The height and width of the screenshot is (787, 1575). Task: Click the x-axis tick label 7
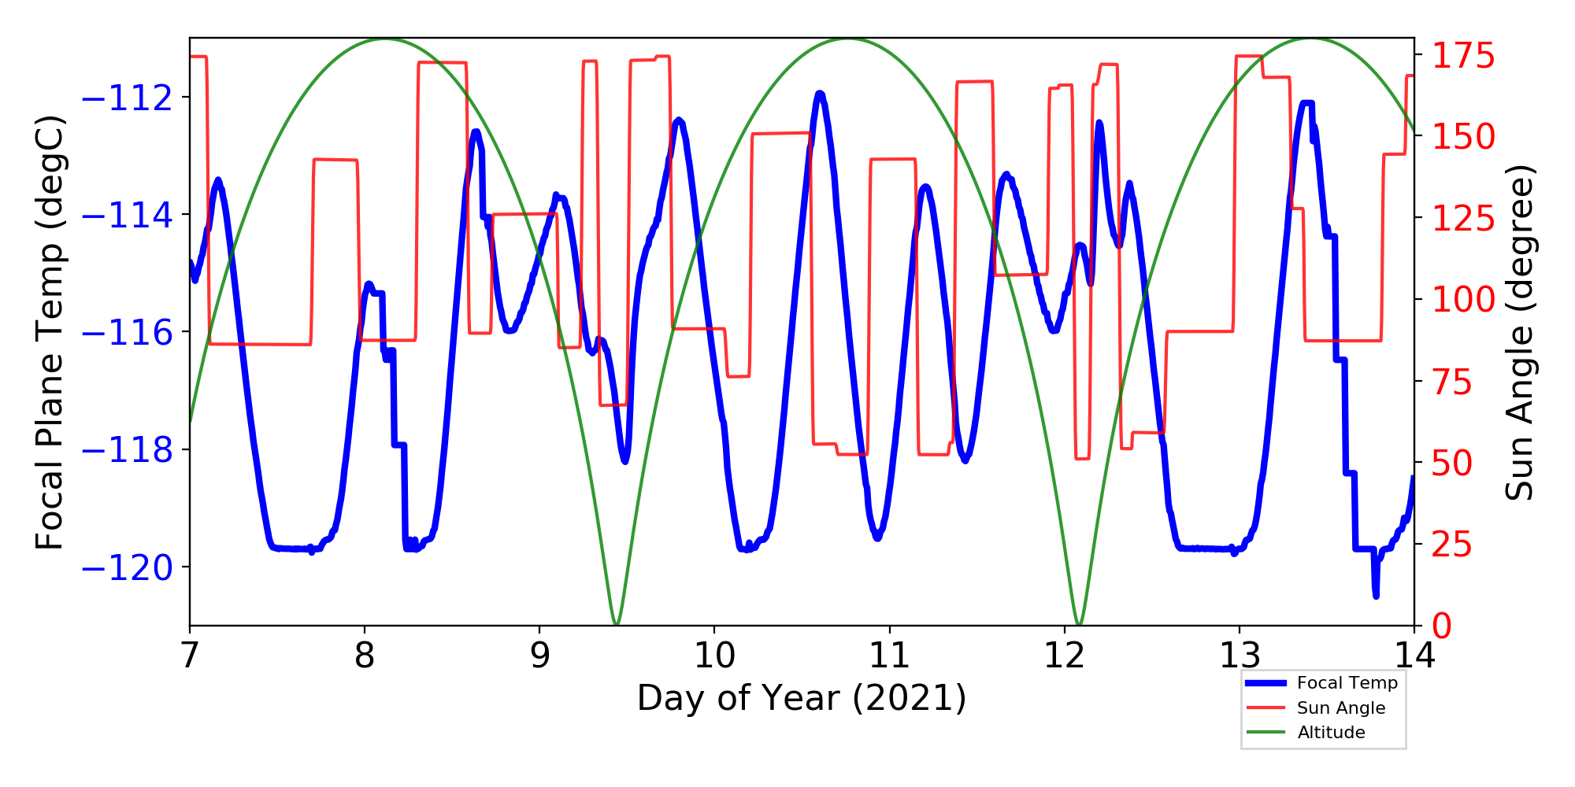[x=190, y=655]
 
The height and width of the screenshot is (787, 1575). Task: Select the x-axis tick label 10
[x=714, y=655]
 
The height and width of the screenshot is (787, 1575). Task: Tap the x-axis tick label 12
[x=1065, y=655]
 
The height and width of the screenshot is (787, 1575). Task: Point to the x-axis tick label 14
[x=1414, y=655]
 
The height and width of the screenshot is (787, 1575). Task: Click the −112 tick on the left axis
[x=127, y=98]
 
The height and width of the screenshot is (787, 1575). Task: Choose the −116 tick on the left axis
[x=127, y=333]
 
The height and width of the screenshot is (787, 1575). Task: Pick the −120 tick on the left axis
[x=127, y=567]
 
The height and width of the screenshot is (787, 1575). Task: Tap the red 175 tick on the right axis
[x=1463, y=56]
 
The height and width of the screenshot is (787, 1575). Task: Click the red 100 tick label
[x=1463, y=300]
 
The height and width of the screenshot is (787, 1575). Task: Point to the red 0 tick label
[x=1443, y=626]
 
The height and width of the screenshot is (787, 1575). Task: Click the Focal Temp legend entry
[x=1347, y=683]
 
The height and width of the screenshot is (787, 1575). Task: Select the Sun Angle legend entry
[x=1341, y=708]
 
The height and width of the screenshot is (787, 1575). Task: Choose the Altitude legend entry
[x=1331, y=733]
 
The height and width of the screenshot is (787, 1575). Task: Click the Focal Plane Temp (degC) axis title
[x=50, y=332]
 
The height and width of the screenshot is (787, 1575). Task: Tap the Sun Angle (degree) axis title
[x=1519, y=332]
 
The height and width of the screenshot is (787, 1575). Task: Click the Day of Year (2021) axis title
[x=802, y=698]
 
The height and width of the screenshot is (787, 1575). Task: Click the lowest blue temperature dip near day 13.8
[x=1376, y=596]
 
